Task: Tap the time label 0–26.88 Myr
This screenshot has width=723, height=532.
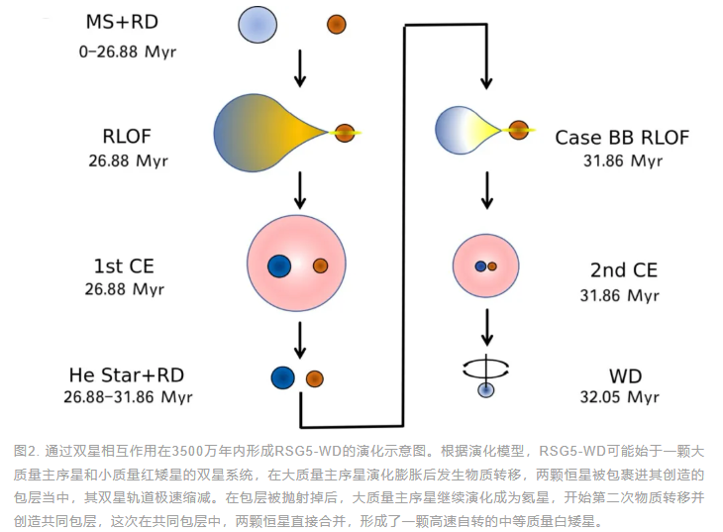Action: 122,51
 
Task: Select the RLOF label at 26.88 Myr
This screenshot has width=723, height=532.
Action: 124,136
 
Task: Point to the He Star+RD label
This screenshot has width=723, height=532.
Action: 125,374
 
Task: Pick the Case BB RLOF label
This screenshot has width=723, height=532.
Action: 621,137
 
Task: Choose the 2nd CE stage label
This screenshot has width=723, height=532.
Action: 619,270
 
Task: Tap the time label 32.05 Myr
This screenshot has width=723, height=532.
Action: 620,397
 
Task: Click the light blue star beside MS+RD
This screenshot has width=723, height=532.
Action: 258,24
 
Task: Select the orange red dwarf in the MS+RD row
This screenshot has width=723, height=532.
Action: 337,24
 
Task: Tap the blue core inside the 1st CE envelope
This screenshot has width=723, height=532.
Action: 278,266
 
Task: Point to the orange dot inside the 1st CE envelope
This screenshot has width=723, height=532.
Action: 320,266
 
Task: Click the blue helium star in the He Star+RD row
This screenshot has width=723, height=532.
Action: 283,377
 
